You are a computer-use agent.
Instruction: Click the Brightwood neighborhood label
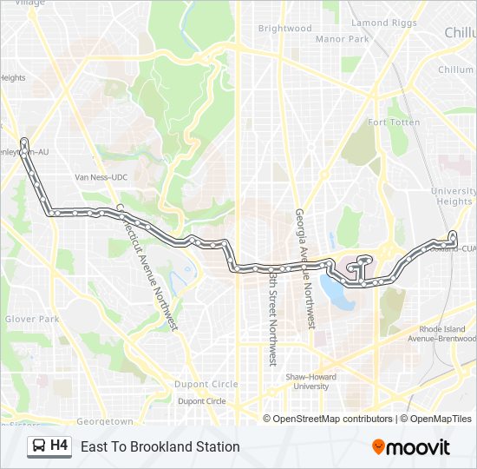pyautogui.click(x=284, y=29)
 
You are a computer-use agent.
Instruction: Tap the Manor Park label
pyautogui.click(x=342, y=39)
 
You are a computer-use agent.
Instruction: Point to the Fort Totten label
pyautogui.click(x=394, y=122)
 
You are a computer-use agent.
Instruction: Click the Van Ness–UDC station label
pyautogui.click(x=101, y=177)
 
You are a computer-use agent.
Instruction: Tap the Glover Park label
pyautogui.click(x=31, y=320)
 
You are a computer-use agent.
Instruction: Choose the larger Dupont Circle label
pyautogui.click(x=206, y=384)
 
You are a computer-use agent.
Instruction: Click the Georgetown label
pyautogui.click(x=105, y=421)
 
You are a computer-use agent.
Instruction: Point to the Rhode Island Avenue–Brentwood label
pyautogui.click(x=448, y=334)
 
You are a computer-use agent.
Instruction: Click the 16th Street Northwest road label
pyautogui.click(x=272, y=316)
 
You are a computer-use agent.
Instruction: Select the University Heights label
pyautogui.click(x=453, y=196)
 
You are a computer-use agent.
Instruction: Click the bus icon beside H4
pyautogui.click(x=39, y=446)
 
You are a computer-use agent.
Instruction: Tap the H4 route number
pyautogui.click(x=59, y=446)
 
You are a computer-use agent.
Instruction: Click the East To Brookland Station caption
pyautogui.click(x=160, y=446)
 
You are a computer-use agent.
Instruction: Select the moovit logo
pyautogui.click(x=411, y=446)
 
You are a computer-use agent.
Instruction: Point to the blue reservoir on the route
pyautogui.click(x=336, y=291)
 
